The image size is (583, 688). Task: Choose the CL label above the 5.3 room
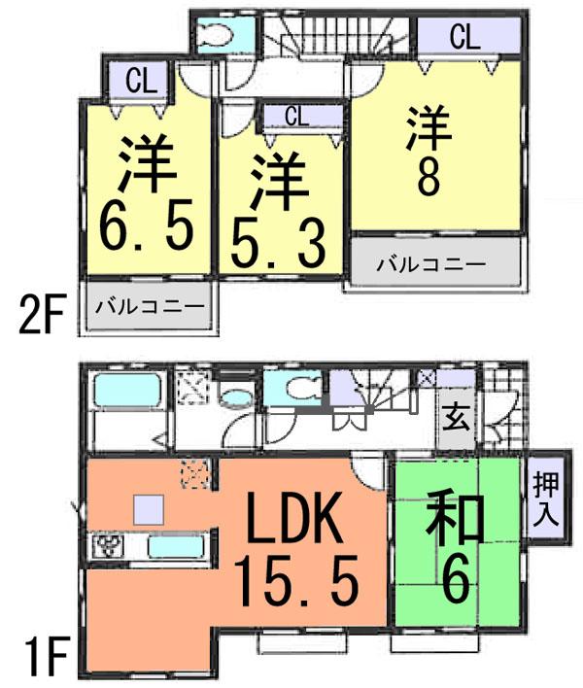point(298,117)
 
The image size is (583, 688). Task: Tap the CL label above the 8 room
point(463,38)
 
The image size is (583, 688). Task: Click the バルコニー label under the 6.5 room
point(150,307)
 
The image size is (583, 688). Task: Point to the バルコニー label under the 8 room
point(430,263)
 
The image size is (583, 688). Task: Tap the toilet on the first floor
point(295,391)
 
